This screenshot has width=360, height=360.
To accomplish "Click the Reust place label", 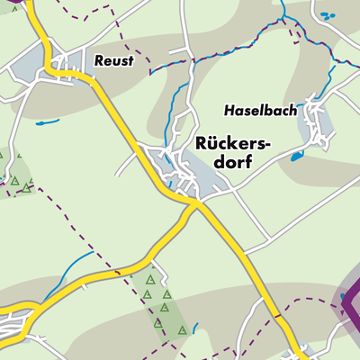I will tap(113, 60).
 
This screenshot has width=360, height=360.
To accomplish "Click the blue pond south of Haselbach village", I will tap(296, 156).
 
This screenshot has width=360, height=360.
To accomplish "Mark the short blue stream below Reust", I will tap(49, 120).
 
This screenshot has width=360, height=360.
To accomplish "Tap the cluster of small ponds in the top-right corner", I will tap(327, 15).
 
